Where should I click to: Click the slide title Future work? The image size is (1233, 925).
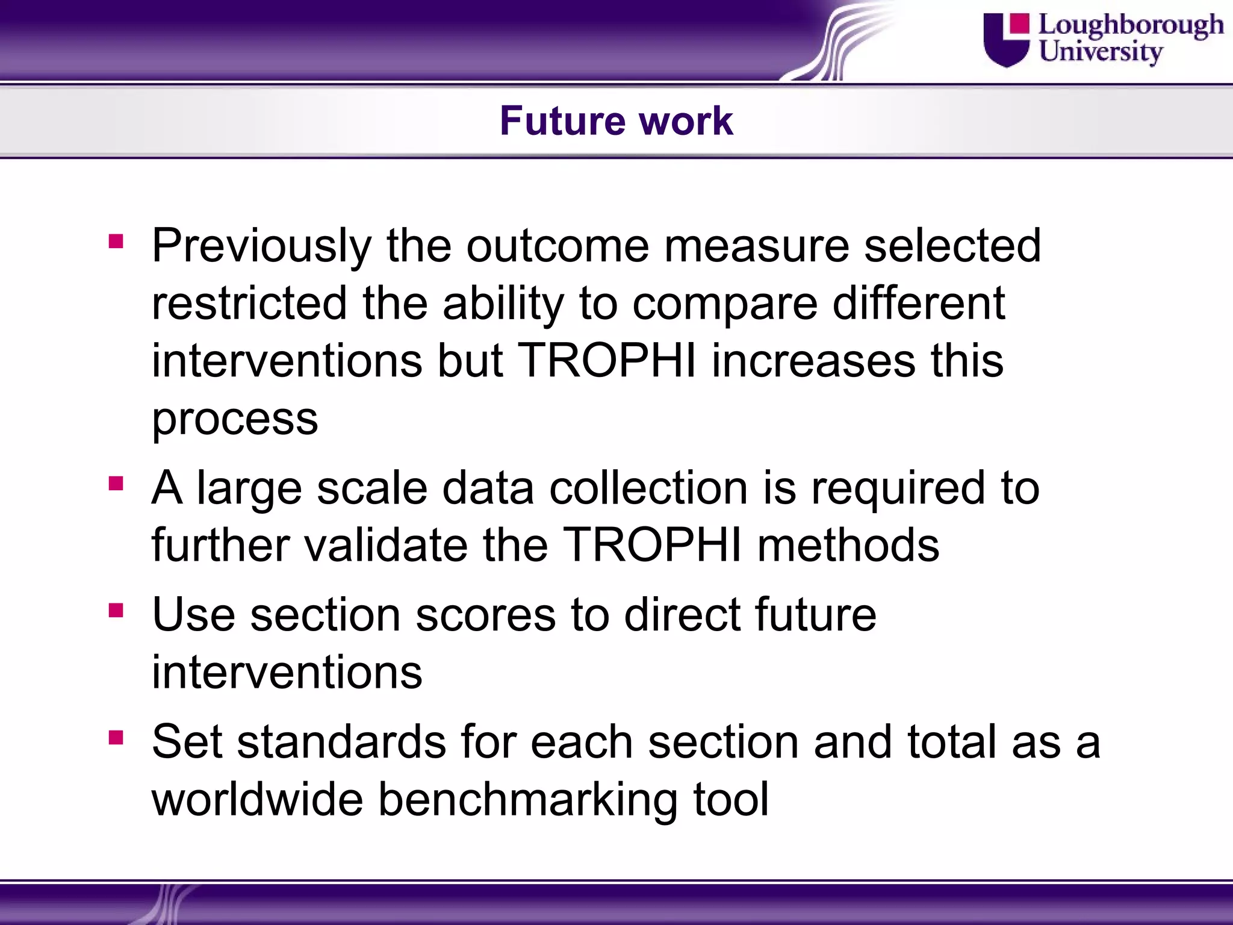[616, 121]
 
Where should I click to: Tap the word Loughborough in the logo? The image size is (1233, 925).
[1131, 25]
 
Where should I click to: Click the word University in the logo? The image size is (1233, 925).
[1100, 51]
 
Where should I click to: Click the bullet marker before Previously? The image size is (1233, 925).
[116, 241]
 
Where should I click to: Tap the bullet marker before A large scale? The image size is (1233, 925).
[116, 484]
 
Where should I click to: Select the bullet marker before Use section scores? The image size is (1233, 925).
[116, 611]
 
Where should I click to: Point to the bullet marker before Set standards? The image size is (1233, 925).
[116, 738]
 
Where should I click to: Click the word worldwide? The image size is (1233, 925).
[257, 800]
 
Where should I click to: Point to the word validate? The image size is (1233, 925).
[385, 545]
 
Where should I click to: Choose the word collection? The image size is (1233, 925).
[648, 488]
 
